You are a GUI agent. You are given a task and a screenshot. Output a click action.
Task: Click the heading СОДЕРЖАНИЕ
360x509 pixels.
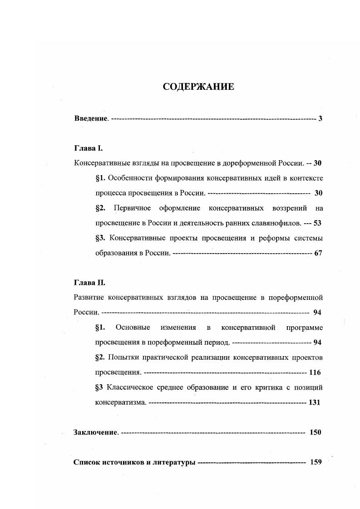coord(198,87)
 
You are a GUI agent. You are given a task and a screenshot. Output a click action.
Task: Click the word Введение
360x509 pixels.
coord(91,119)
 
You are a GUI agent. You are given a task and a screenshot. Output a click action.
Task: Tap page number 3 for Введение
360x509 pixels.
coord(320,119)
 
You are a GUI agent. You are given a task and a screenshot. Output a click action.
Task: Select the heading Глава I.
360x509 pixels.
coord(89,148)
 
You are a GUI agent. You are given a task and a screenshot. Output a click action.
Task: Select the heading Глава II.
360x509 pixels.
coord(89,282)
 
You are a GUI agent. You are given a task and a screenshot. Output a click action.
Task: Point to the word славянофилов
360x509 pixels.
coord(278,223)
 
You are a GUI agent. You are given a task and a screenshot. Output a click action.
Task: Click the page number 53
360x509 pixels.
coord(318,223)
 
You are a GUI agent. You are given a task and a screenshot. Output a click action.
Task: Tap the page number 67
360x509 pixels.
coord(318,253)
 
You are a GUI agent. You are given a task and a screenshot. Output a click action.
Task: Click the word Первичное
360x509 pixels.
coord(132,208)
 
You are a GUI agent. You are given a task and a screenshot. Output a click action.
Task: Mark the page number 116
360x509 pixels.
coord(315,372)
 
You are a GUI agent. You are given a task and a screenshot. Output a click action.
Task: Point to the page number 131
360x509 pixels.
coord(315,402)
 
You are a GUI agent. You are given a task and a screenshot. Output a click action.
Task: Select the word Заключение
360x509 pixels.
coord(96,432)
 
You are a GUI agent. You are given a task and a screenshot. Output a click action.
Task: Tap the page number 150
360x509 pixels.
coord(315,432)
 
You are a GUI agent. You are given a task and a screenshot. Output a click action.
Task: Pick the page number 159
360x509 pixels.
coord(315,462)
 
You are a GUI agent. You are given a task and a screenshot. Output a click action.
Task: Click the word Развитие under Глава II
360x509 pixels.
coord(89,297)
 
